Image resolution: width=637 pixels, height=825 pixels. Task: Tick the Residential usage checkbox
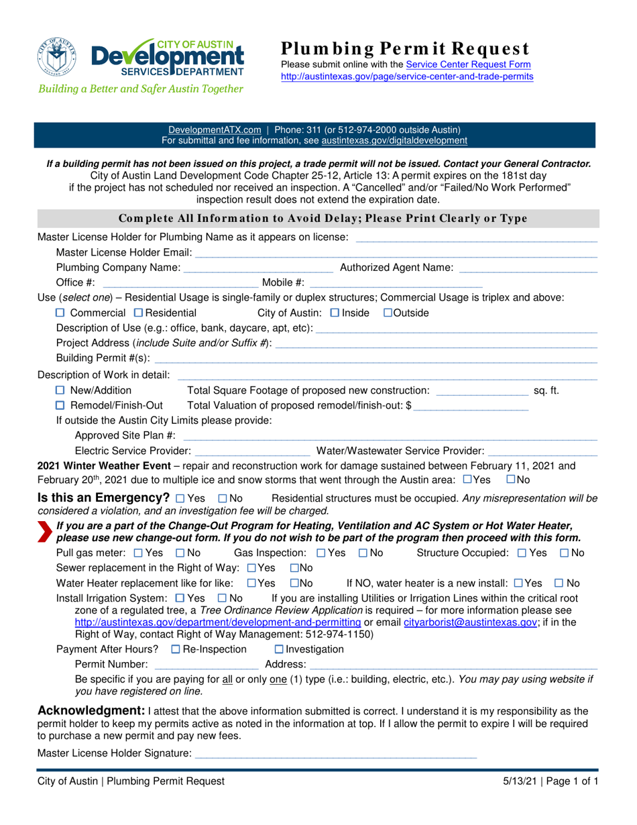coord(138,313)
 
